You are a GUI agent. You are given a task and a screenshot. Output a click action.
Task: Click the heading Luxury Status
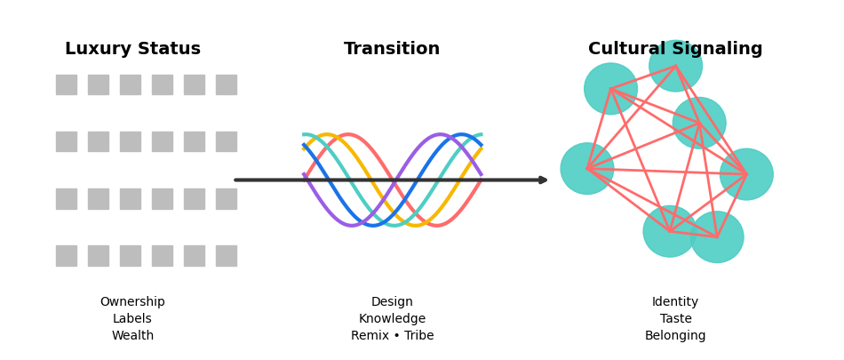point(132,50)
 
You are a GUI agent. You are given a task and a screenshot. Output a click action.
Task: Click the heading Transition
point(392,50)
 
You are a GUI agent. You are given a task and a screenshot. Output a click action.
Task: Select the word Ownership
point(132,302)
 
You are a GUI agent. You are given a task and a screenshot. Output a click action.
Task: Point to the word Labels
point(132,319)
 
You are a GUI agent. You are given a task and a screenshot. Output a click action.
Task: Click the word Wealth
point(132,336)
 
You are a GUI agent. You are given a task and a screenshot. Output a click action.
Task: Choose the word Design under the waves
point(392,302)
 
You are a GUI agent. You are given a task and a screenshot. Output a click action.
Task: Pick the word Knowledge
point(392,319)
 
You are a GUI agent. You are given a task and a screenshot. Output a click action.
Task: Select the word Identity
point(675,302)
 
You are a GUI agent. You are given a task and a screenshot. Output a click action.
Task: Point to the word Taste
point(675,319)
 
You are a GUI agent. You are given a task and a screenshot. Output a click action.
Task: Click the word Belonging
point(675,336)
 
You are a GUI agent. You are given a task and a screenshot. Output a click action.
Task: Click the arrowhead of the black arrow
point(543,180)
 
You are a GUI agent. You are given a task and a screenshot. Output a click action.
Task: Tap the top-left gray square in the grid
point(67,84)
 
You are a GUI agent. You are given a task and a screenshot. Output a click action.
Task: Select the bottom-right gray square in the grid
point(227,256)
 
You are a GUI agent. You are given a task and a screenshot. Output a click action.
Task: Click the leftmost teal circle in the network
point(587,169)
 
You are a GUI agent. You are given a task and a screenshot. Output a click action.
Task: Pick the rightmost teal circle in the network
point(746,174)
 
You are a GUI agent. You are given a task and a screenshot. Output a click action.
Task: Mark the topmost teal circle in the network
point(675,66)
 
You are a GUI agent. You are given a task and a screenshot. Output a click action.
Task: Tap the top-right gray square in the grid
point(227,84)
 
